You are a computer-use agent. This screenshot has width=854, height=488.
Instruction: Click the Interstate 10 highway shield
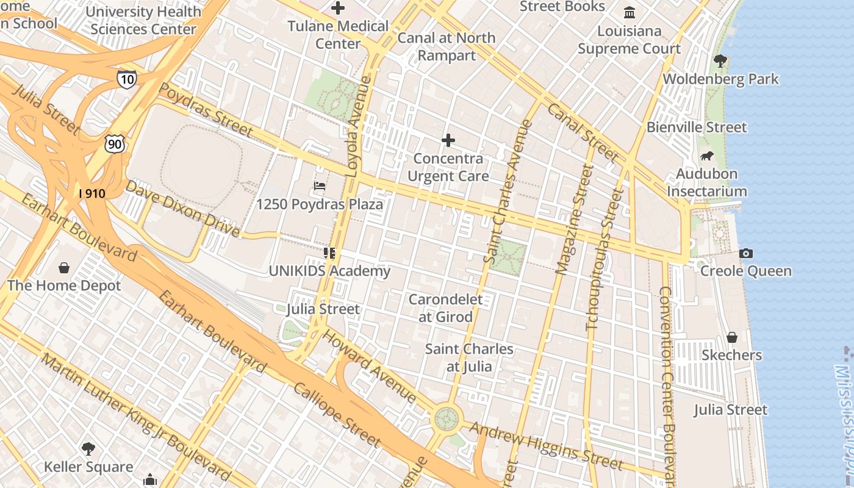(127, 79)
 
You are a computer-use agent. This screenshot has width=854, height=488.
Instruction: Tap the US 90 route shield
(114, 143)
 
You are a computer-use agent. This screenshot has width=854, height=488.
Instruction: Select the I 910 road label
(92, 193)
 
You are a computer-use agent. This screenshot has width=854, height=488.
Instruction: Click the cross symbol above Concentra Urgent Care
(448, 141)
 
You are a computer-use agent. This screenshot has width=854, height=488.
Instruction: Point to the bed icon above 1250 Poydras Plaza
(320, 186)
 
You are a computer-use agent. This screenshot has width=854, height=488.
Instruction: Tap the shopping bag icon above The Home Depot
(64, 267)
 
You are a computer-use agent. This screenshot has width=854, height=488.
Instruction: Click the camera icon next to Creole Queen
(745, 253)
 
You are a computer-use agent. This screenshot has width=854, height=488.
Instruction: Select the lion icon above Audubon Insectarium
(707, 156)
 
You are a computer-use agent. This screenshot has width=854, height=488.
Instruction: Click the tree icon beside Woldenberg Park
(720, 61)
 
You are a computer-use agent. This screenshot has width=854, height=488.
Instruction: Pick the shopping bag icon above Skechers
(732, 337)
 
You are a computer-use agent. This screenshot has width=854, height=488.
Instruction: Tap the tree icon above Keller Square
(88, 449)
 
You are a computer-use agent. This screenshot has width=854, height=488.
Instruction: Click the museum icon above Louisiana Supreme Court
(630, 13)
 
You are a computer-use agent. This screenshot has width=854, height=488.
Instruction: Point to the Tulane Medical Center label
(338, 35)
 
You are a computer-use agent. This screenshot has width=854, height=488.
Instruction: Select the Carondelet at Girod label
(445, 308)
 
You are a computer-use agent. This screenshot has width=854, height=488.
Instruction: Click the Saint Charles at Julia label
(469, 357)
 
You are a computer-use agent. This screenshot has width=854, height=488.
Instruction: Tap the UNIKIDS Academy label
(329, 271)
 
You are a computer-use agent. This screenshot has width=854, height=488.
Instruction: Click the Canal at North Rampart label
(447, 46)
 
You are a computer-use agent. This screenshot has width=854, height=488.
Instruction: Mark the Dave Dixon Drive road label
(182, 208)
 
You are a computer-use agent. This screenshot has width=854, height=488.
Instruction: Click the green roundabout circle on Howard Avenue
(447, 419)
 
